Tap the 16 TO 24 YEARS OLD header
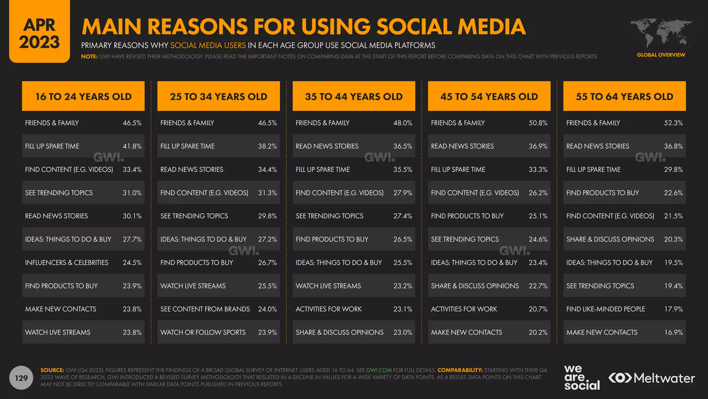pyautogui.click(x=83, y=96)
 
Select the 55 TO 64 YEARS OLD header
pyautogui.click(x=624, y=96)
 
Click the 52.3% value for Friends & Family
pyautogui.click(x=673, y=123)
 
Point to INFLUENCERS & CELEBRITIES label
pyautogui.click(x=67, y=263)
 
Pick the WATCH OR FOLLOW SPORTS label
pyautogui.click(x=203, y=332)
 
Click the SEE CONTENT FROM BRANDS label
pyautogui.click(x=205, y=309)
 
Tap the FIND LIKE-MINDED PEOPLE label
pyautogui.click(x=606, y=309)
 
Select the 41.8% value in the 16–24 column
pyautogui.click(x=132, y=146)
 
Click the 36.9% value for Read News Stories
pyautogui.click(x=538, y=146)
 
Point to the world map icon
pyautogui.click(x=661, y=33)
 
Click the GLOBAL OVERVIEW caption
pyautogui.click(x=661, y=55)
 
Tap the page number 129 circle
pyautogui.click(x=21, y=378)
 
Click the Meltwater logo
pyautogui.click(x=652, y=378)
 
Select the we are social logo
pyautogui.click(x=582, y=378)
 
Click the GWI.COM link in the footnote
pyautogui.click(x=379, y=370)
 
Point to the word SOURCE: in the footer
pyautogui.click(x=52, y=370)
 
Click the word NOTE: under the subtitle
pyautogui.click(x=89, y=56)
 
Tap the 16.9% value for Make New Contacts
pyautogui.click(x=673, y=332)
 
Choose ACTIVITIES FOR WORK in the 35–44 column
pyautogui.click(x=329, y=309)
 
